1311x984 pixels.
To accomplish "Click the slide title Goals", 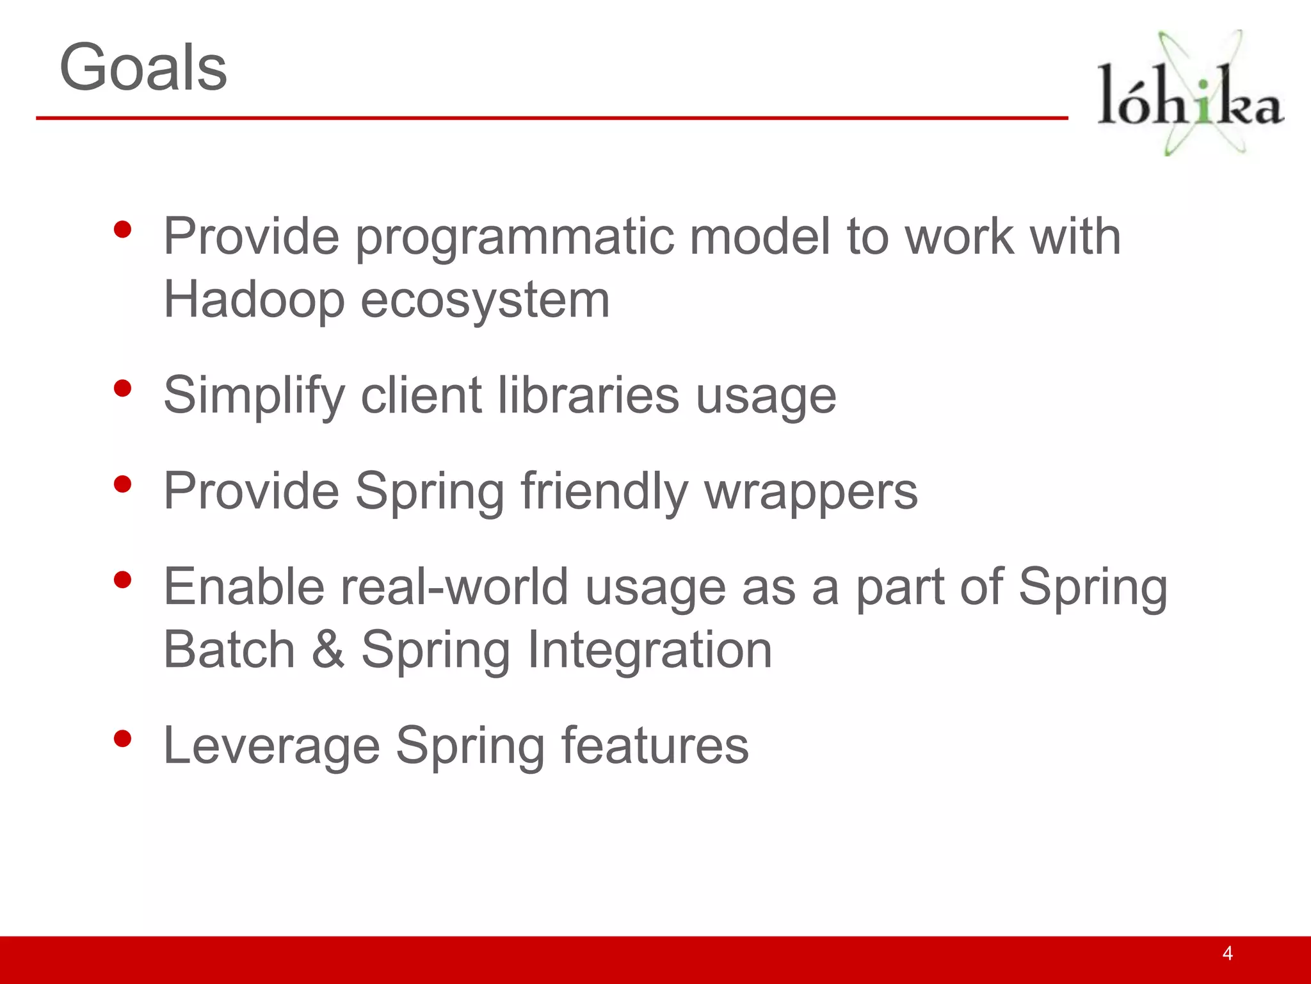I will (143, 67).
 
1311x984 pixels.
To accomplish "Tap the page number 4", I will (1227, 953).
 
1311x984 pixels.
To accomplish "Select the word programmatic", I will (514, 238).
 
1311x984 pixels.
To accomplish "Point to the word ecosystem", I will (485, 301).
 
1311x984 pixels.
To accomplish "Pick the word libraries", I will (588, 395).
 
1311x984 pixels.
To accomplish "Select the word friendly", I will (604, 492).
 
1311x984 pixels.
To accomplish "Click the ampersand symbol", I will (328, 650).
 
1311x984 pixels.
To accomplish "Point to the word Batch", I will (229, 650).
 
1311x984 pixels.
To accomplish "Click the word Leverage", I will (271, 746).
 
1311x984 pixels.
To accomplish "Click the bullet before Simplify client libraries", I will (122, 388).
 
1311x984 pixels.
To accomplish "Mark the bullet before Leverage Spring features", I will (122, 739).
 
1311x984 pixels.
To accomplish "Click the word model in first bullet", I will (759, 236).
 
